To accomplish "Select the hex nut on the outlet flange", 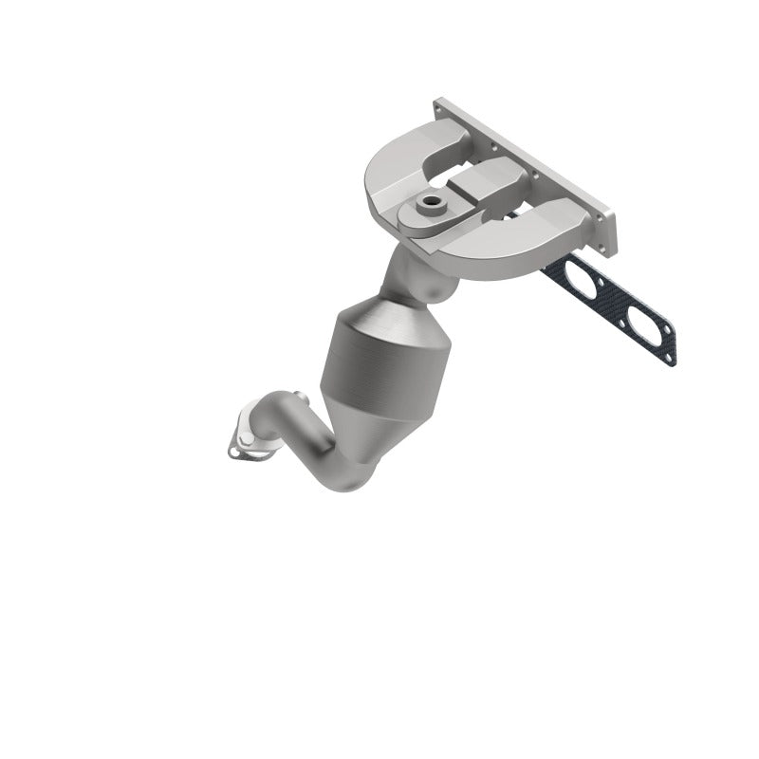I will [245, 438].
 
